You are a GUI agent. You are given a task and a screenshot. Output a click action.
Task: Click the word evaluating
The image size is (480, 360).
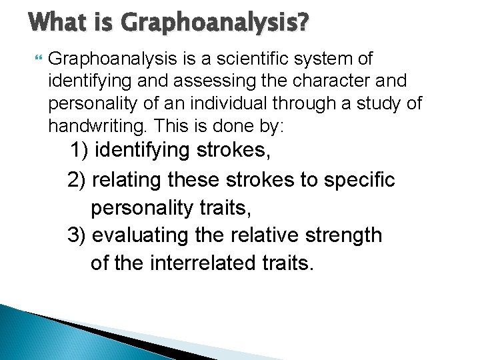137,235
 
